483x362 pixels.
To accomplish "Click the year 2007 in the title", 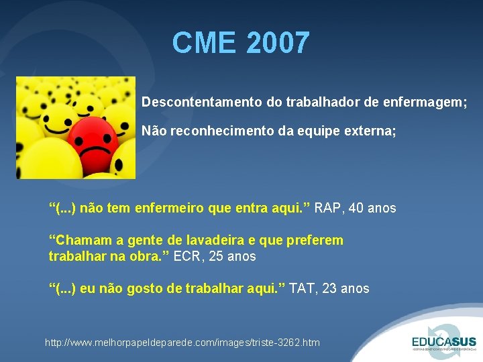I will [x=278, y=43].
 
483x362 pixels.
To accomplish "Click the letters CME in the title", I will [x=204, y=43].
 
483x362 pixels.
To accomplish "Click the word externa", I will [x=371, y=132].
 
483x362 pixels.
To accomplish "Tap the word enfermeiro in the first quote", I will [x=171, y=208].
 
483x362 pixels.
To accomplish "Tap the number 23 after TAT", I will [x=332, y=288].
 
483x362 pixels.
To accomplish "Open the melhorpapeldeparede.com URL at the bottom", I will [x=182, y=343].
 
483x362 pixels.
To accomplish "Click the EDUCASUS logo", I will [x=443, y=339].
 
